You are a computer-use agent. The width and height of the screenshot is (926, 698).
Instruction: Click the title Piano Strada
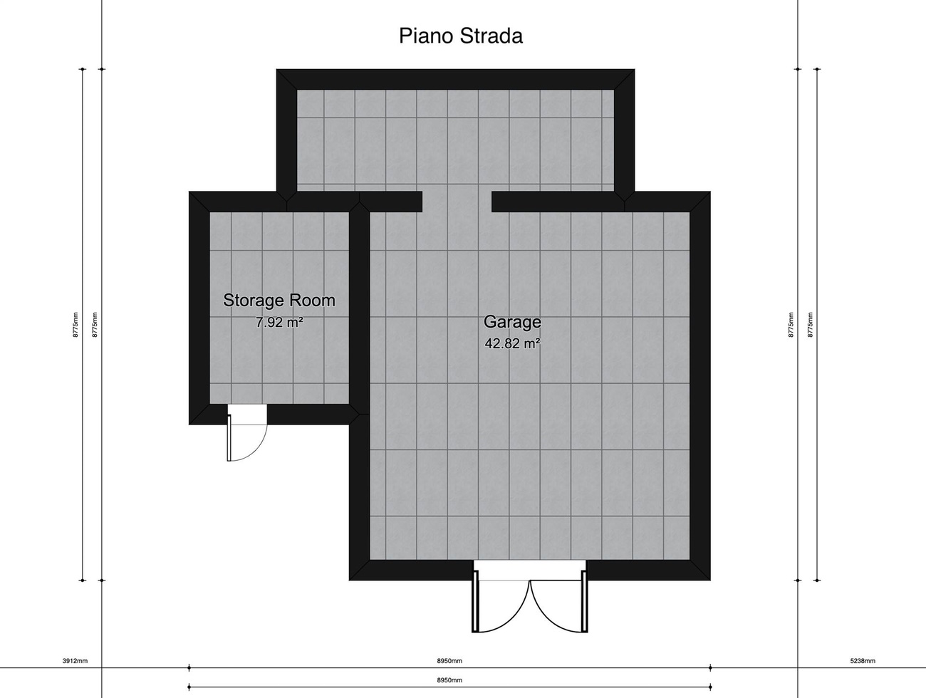461,36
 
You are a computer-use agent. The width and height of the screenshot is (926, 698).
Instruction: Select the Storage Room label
279,301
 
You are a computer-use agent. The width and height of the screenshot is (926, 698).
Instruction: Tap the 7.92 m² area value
279,322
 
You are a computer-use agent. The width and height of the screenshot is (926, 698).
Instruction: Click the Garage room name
512,322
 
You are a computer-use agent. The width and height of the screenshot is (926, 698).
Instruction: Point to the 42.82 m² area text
512,344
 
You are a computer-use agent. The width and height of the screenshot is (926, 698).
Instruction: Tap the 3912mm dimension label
75,661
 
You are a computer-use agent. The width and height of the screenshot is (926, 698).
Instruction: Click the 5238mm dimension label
863,661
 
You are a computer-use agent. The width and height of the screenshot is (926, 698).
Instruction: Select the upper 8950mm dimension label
449,661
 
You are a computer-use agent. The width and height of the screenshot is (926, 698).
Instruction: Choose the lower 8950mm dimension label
449,680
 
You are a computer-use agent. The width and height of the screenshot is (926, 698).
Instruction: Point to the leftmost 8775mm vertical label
76,325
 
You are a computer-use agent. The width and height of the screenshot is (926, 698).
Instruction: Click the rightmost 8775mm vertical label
810,325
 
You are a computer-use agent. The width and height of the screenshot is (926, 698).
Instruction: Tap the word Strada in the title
491,36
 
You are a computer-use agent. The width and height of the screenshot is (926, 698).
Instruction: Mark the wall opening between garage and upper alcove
457,202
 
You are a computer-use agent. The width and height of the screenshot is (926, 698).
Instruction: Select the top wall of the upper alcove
456,79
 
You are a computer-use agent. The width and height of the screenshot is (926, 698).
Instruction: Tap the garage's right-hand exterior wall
700,386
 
